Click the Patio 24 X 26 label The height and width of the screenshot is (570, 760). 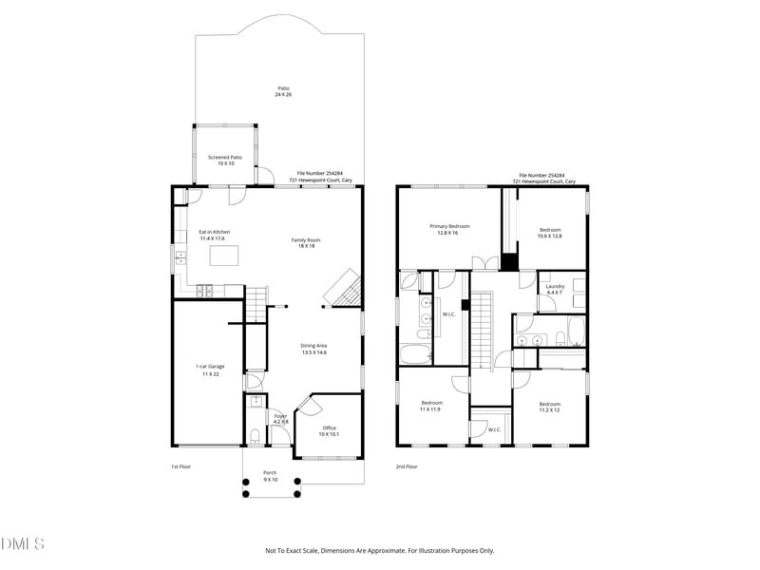pyautogui.click(x=283, y=91)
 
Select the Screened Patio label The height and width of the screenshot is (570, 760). pyautogui.click(x=225, y=160)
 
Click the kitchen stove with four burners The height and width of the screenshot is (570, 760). pyautogui.click(x=204, y=292)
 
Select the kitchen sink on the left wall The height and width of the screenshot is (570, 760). pyautogui.click(x=178, y=256)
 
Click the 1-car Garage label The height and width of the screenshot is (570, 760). pyautogui.click(x=210, y=370)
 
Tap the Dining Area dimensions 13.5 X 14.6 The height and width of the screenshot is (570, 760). pyautogui.click(x=313, y=352)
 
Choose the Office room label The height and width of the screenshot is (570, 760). pyautogui.click(x=329, y=429)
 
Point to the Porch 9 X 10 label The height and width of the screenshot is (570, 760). pyautogui.click(x=271, y=476)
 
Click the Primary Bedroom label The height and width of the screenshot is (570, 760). pyautogui.click(x=449, y=229)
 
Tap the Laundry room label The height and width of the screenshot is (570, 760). pyautogui.click(x=556, y=289)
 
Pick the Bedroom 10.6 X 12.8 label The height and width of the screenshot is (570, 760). pyautogui.click(x=550, y=233)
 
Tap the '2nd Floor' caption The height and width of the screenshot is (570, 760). pyautogui.click(x=407, y=466)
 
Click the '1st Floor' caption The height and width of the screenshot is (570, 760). pyautogui.click(x=181, y=466)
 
